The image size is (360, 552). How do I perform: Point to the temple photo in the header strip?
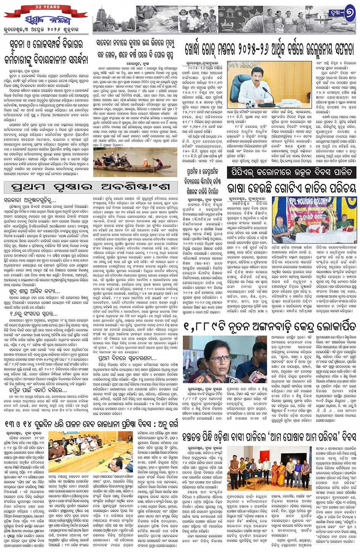tap(114, 19)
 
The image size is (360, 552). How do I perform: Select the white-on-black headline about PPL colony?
tap(291, 172)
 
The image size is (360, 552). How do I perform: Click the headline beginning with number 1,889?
tap(270, 326)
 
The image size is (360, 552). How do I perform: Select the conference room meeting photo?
tap(90, 451)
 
